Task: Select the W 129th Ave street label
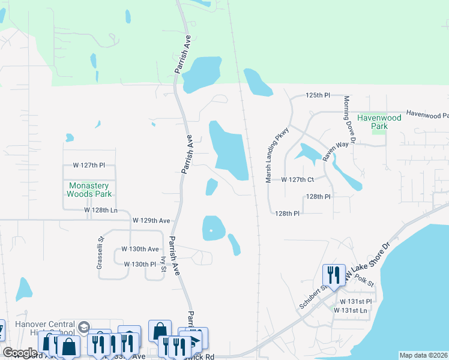coord(151,221)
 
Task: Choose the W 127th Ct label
coord(298,179)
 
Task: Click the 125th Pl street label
coord(318,95)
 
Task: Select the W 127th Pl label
coord(93,165)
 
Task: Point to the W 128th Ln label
coord(101,210)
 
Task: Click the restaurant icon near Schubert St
coord(334,275)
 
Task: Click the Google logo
coord(20,353)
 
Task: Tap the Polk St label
coord(364,280)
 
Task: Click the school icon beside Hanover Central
coord(83,327)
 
